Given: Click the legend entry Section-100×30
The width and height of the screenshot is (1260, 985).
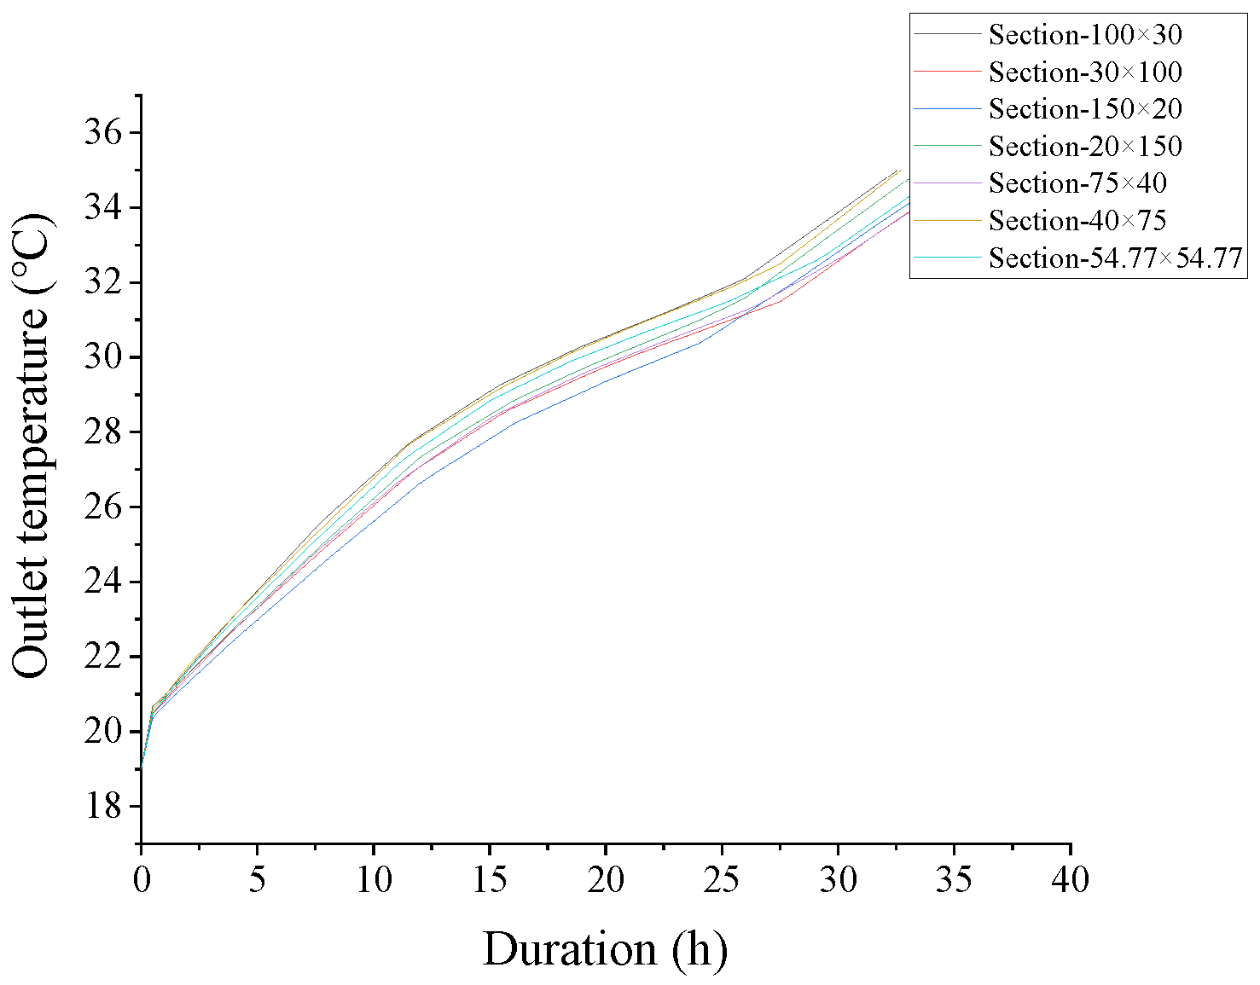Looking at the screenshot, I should (x=1085, y=35).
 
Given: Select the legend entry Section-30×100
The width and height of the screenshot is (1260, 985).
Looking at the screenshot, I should (x=1085, y=72).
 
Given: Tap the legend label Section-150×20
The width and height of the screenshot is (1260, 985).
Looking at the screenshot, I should (x=1085, y=109).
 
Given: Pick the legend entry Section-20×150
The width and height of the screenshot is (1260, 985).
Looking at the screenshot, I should (x=1085, y=147).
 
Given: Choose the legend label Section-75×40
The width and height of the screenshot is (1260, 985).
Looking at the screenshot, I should (x=1077, y=183).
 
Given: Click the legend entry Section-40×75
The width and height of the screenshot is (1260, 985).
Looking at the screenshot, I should (x=1077, y=221).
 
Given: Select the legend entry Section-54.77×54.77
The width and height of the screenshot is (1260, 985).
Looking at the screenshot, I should (x=1115, y=258).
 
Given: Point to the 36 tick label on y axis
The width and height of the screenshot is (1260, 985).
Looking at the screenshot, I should (x=104, y=133).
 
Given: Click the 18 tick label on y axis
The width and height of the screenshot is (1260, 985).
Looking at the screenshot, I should (x=104, y=806).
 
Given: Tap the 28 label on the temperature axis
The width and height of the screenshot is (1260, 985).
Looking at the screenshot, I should (x=104, y=432).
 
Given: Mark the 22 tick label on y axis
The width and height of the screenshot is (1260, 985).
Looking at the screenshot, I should (x=104, y=657).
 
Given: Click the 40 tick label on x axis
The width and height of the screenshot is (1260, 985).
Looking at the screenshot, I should (x=1070, y=879).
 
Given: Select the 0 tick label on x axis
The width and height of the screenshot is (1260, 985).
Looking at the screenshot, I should (x=141, y=879).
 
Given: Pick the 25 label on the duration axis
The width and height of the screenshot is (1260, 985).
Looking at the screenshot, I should (x=722, y=879).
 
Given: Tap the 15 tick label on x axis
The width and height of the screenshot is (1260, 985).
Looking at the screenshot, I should (x=490, y=879).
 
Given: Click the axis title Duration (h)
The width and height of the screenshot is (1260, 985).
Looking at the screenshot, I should (x=605, y=949).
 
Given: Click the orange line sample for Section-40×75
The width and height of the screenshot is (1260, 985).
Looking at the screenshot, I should (x=947, y=220).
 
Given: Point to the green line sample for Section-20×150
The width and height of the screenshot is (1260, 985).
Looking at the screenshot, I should (x=947, y=146).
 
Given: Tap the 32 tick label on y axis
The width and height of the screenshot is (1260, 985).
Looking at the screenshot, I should (x=104, y=282).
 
